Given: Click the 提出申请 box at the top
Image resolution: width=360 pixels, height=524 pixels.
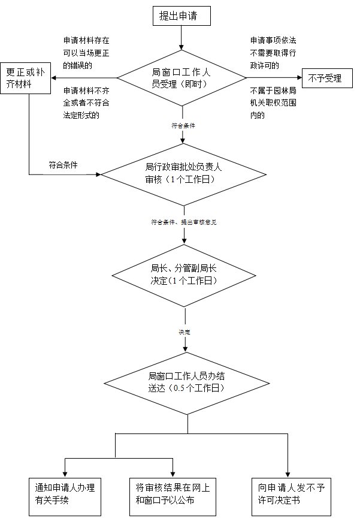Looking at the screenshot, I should click(x=181, y=16).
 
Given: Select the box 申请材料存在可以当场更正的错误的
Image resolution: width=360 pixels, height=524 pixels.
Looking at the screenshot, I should click(x=86, y=53).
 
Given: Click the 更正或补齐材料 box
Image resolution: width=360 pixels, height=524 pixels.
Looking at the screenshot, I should click(x=25, y=78).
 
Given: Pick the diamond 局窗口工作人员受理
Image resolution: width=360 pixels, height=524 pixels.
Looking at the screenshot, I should click(x=180, y=77).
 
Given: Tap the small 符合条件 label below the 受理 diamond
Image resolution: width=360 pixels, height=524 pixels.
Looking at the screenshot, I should click(x=183, y=126).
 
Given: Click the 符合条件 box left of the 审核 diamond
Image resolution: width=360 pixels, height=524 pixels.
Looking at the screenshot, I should click(x=64, y=165).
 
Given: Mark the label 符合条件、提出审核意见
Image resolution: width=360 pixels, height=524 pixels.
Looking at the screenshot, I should click(x=184, y=222).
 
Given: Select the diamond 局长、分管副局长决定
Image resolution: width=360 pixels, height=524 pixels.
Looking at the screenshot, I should click(x=183, y=275).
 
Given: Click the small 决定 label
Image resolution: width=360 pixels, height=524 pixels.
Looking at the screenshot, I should click(x=186, y=331).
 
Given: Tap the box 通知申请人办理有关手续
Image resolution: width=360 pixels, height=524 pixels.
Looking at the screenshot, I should click(x=65, y=495).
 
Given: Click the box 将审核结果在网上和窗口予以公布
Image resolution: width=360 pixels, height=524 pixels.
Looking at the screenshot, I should click(x=173, y=495).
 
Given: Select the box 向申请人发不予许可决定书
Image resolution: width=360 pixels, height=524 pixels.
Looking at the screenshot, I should click(x=291, y=495).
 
